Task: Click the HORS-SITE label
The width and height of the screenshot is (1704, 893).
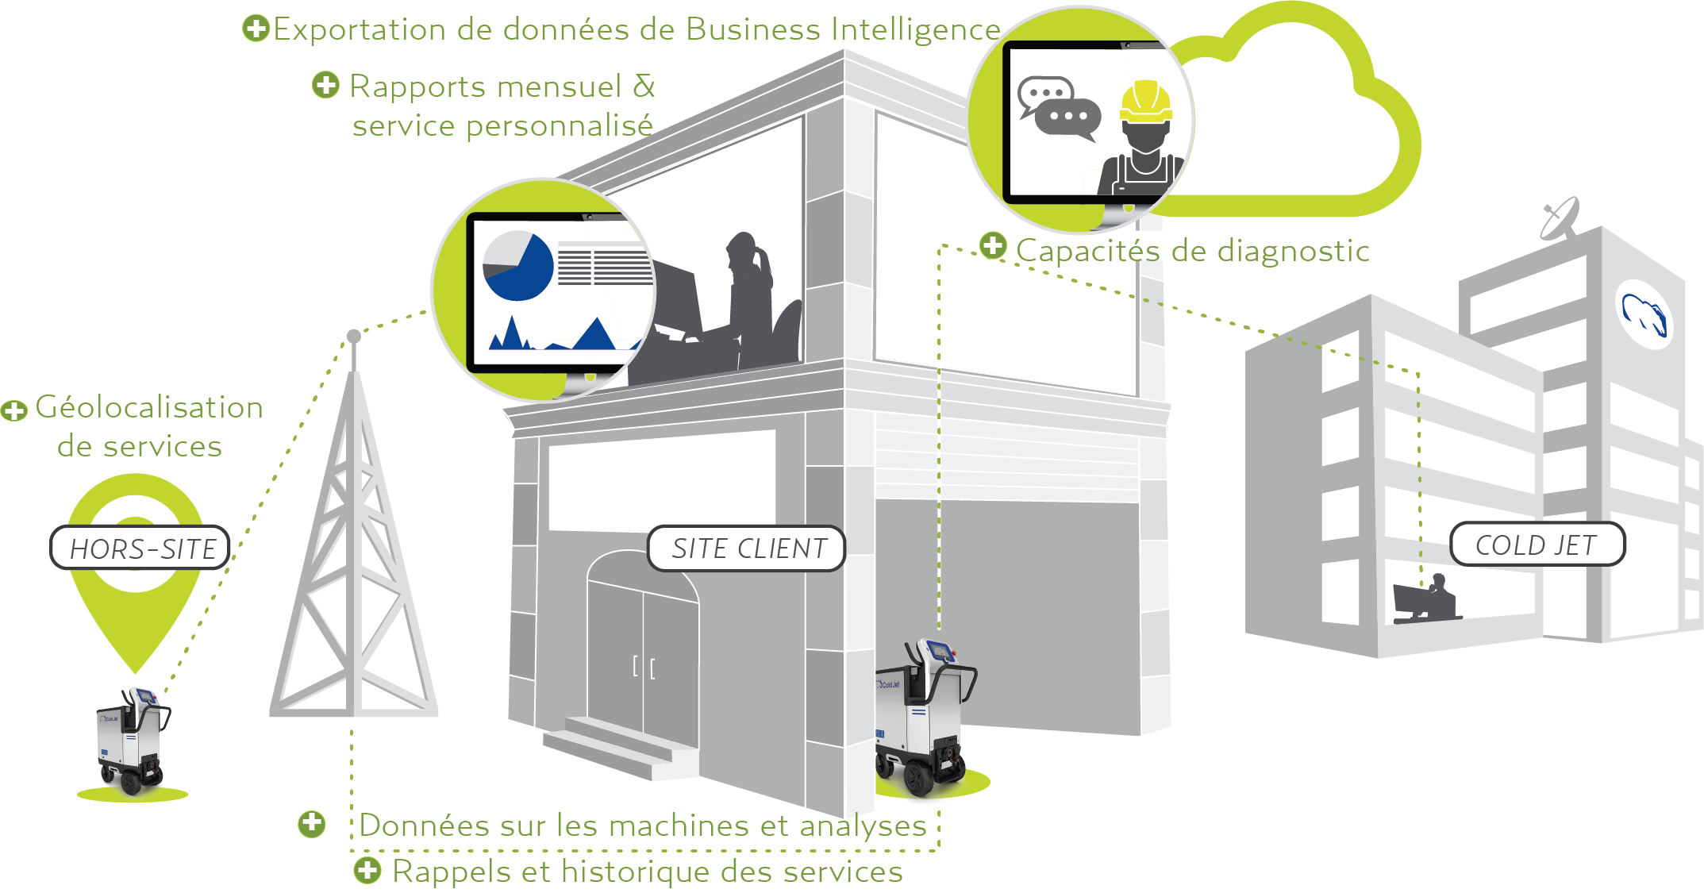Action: pos(140,548)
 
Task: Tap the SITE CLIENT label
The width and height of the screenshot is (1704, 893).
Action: pos(747,549)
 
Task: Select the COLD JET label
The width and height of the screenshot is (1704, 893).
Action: pos(1537,545)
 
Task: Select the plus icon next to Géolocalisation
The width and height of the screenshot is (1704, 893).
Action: pos(13,410)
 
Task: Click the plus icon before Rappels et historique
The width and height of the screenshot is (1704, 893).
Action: pos(367,870)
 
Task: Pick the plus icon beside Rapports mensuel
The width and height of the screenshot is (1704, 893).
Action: pos(325,85)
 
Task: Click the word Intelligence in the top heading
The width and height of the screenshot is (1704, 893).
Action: pos(916,29)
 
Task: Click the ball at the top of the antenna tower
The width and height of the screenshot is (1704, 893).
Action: pos(354,337)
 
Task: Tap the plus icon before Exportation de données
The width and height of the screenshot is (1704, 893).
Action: pos(256,29)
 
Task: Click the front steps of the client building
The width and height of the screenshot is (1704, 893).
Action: pos(619,746)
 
